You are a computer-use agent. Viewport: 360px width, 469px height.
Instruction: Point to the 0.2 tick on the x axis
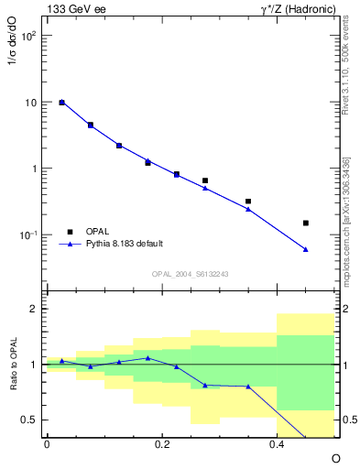click(x=162, y=444)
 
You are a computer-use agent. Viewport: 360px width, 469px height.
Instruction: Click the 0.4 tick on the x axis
click(x=277, y=444)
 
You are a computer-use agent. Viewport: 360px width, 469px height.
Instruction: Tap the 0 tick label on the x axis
click(x=47, y=444)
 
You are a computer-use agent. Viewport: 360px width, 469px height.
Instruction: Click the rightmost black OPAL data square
click(x=306, y=223)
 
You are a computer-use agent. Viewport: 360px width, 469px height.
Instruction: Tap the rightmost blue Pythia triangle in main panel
click(x=306, y=249)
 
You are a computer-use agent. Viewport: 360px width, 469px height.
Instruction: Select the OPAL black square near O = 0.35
click(x=248, y=202)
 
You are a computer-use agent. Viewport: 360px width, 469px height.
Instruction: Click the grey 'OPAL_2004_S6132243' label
click(x=190, y=274)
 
